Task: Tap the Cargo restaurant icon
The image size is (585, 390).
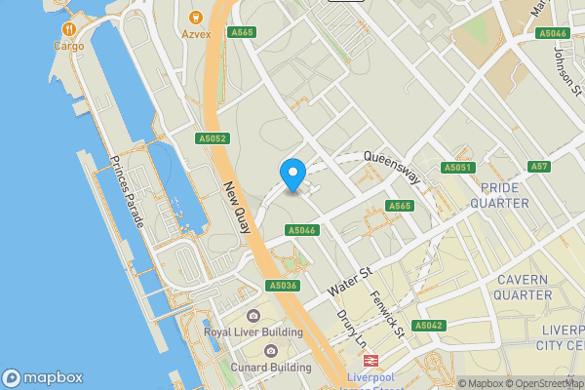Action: (x=68, y=29)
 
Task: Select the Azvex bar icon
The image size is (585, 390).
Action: (x=196, y=17)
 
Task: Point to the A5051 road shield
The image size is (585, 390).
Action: (x=457, y=168)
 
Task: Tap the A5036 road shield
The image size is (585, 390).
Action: (x=282, y=286)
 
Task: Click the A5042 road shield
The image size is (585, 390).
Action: (x=429, y=325)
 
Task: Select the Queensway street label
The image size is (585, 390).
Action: (x=391, y=166)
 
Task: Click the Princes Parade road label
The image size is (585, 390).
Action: (x=127, y=192)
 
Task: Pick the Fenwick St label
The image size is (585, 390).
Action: (x=385, y=311)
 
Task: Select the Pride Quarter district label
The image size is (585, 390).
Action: (x=498, y=195)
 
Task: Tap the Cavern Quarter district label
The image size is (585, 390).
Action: (x=524, y=287)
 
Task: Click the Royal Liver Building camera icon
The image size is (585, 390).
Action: (x=253, y=316)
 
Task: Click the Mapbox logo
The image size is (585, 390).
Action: (x=42, y=377)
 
